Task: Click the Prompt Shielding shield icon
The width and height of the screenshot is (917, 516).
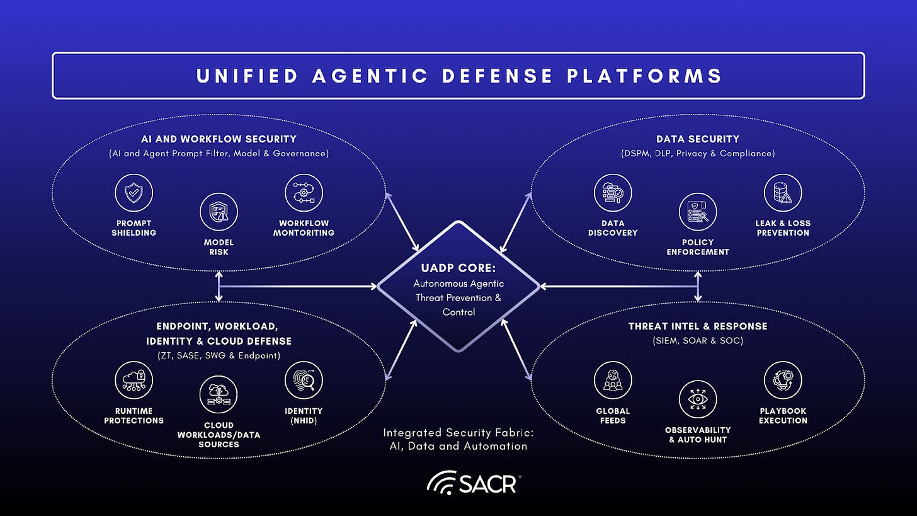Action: (x=134, y=193)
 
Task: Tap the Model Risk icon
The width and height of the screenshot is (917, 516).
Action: (x=219, y=212)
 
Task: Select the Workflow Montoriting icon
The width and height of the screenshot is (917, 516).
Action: (x=304, y=193)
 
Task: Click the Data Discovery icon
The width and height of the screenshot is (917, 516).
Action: (x=613, y=193)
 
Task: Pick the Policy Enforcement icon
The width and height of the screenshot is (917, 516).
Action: (x=697, y=212)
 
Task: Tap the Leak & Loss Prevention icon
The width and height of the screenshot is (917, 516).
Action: (x=782, y=193)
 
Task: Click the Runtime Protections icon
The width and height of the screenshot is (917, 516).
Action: (x=134, y=381)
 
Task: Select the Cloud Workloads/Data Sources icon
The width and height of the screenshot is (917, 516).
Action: (x=219, y=395)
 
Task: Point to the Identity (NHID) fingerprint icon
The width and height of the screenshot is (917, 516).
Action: (x=304, y=381)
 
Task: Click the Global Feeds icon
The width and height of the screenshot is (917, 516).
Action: (x=613, y=381)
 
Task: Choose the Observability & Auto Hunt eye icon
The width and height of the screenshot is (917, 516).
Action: (x=697, y=399)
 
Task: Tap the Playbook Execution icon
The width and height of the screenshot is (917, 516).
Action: (x=782, y=381)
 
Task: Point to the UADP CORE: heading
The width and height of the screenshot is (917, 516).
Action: (x=458, y=268)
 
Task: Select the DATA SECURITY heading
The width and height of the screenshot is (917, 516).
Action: (x=697, y=139)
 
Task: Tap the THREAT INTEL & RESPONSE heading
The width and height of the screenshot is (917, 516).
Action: (x=697, y=326)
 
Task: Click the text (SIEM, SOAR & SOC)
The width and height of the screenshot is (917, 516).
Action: (x=697, y=341)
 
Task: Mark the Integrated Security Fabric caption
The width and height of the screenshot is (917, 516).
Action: (x=458, y=439)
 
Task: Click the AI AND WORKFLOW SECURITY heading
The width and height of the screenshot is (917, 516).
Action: (x=219, y=139)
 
